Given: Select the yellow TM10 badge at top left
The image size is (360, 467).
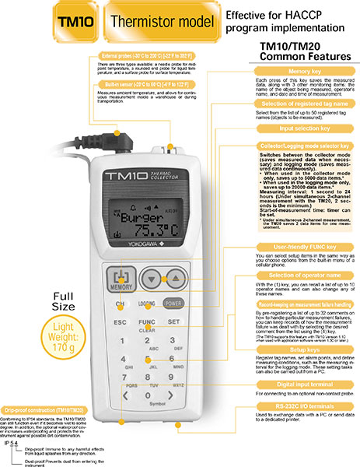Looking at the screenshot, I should point(75,24).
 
